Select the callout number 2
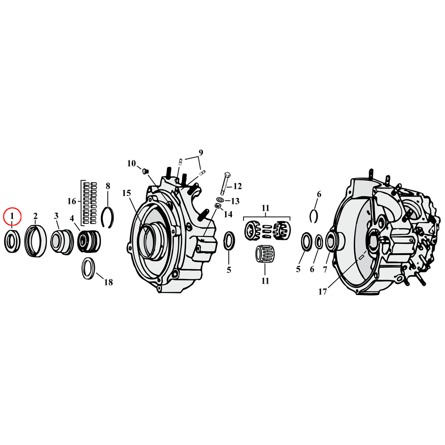coord(35,216)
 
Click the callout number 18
coord(108,282)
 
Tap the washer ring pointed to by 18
coord(88,269)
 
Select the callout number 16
coord(72,201)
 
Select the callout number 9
coord(200,153)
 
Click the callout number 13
coord(235,201)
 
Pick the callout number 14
coord(228,214)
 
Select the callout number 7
coord(325,270)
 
